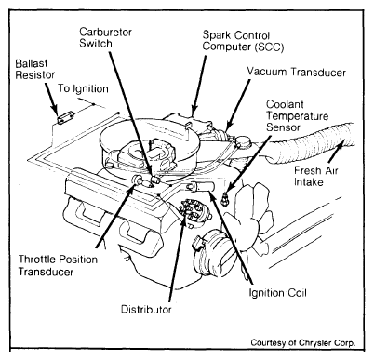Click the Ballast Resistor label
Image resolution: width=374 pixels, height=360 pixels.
pyautogui.click(x=35, y=69)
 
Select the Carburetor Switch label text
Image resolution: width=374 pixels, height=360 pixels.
pyautogui.click(x=106, y=37)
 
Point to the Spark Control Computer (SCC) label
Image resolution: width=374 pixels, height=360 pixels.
pyautogui.click(x=244, y=41)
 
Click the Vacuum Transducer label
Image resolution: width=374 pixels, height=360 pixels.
pyautogui.click(x=296, y=72)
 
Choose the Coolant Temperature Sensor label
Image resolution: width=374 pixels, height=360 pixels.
pyautogui.click(x=297, y=115)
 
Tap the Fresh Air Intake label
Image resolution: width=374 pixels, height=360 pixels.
pyautogui.click(x=316, y=176)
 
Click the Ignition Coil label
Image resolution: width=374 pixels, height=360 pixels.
pyautogui.click(x=277, y=292)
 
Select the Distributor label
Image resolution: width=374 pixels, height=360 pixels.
pyautogui.click(x=146, y=309)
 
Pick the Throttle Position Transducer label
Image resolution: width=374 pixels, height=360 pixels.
pyautogui.click(x=58, y=265)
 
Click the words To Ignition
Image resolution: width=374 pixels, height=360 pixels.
pyautogui.click(x=83, y=88)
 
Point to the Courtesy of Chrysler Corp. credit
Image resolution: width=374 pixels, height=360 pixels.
pyautogui.click(x=303, y=343)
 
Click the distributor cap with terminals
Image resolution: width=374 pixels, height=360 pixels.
pyautogui.click(x=191, y=211)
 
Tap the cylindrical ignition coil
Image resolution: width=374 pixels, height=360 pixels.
pyautogui.click(x=200, y=186)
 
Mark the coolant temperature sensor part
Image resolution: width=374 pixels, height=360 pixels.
pyautogui.click(x=225, y=198)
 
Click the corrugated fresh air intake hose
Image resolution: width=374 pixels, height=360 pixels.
pyautogui.click(x=310, y=143)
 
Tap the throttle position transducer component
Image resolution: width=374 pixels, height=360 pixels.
pyautogui.click(x=138, y=180)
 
